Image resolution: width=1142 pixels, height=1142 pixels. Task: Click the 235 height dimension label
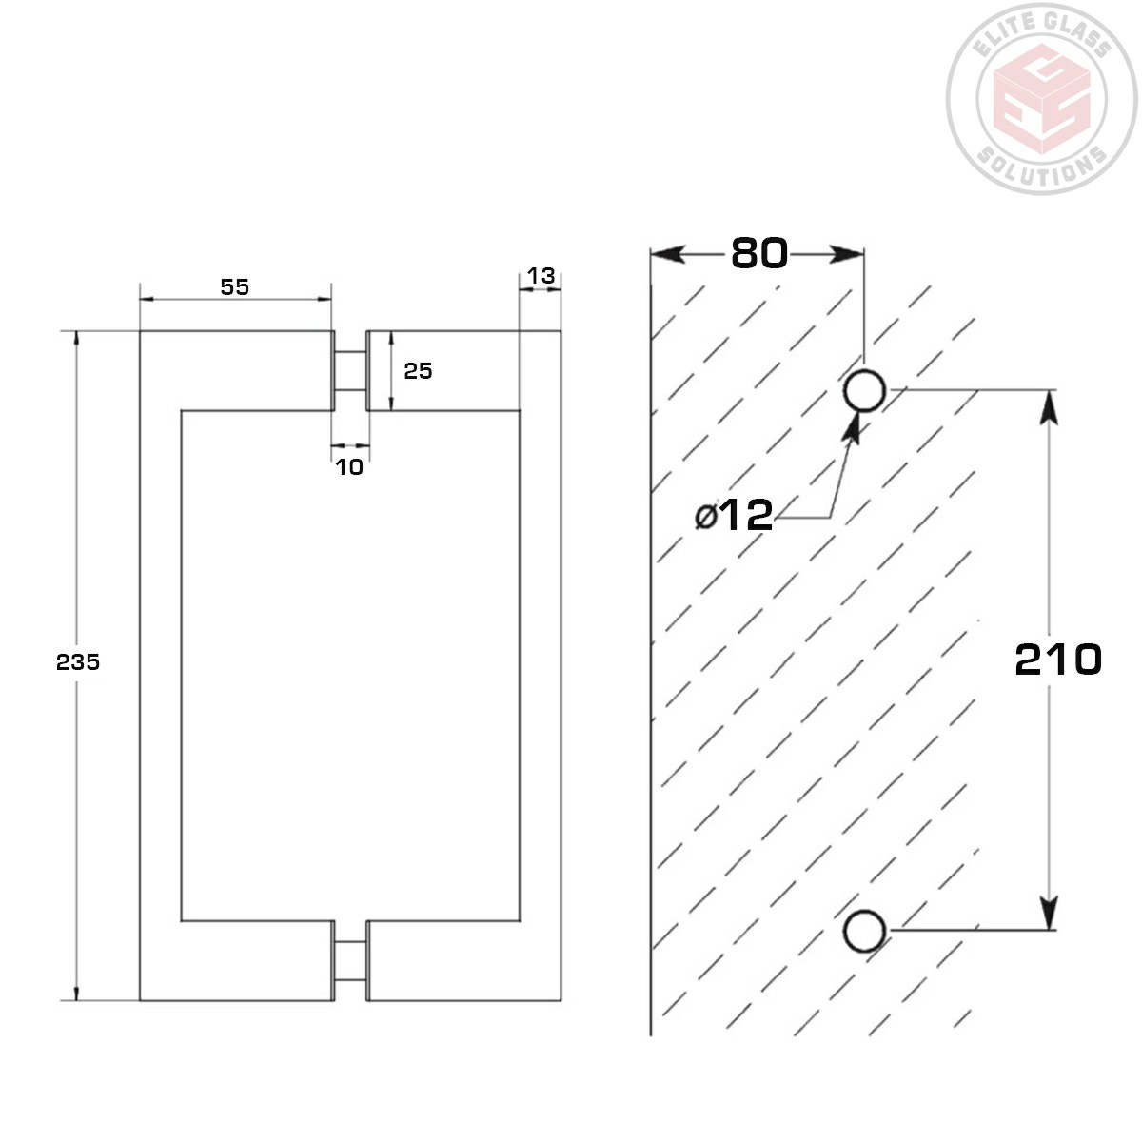[x=78, y=662]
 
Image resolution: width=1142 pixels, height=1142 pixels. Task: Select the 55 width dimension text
[x=234, y=286]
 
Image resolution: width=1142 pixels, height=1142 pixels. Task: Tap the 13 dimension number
[x=541, y=276]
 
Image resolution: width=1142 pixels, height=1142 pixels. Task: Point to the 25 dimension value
[x=418, y=371]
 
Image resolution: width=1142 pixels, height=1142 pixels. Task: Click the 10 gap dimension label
[x=349, y=467]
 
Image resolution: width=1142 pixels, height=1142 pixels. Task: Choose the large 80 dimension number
[x=759, y=253]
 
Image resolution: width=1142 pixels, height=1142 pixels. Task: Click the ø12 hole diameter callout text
[x=734, y=516]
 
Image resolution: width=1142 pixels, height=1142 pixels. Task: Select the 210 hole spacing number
[x=1057, y=660]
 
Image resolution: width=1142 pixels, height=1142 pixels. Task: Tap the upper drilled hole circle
[x=865, y=390]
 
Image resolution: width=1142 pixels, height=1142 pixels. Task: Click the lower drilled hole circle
[x=865, y=931]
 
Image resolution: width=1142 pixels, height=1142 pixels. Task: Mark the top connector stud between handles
[x=350, y=370]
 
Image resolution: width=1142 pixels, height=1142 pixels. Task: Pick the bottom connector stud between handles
[x=350, y=960]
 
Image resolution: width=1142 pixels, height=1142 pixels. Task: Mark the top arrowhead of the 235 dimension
[x=77, y=343]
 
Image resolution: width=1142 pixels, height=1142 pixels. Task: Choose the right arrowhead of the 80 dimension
[x=847, y=254]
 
